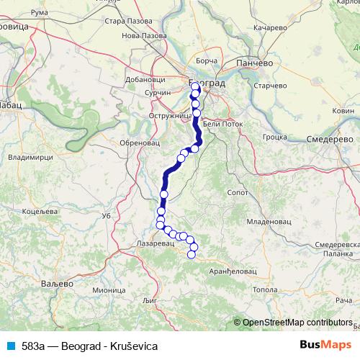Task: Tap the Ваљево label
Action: [56, 284]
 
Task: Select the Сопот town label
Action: [237, 193]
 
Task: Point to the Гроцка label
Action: [276, 135]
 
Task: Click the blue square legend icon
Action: [11, 346]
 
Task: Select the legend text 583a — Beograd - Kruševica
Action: [89, 346]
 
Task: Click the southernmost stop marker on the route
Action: [192, 254]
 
